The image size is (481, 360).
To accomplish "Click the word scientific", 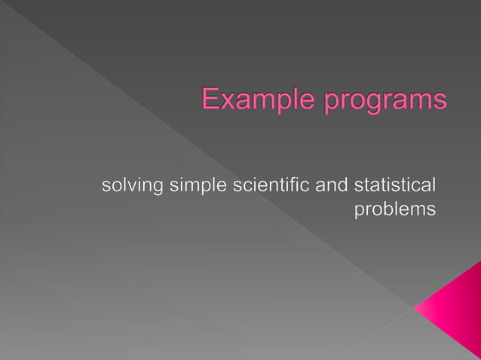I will (x=268, y=185).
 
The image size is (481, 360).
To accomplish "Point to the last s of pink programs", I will (x=439, y=103).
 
